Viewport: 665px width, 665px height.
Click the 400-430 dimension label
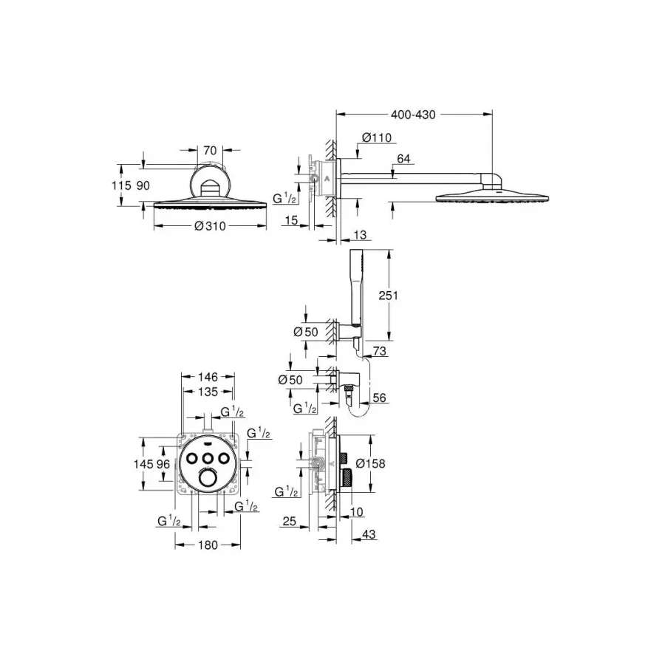(x=414, y=115)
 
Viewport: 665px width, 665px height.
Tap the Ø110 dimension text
(x=377, y=137)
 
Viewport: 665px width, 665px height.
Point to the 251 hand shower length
(x=388, y=295)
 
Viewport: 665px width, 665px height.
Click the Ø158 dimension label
(x=371, y=463)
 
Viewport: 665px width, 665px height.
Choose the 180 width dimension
(x=208, y=545)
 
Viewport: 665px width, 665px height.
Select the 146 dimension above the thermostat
(x=208, y=377)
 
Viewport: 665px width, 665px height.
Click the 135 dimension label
(x=208, y=392)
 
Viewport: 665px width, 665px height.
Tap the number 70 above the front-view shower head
(x=210, y=149)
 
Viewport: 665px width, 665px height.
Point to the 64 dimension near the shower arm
(x=403, y=157)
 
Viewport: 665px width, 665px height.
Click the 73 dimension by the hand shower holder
(x=379, y=352)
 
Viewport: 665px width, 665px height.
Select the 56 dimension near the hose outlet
(x=380, y=398)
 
